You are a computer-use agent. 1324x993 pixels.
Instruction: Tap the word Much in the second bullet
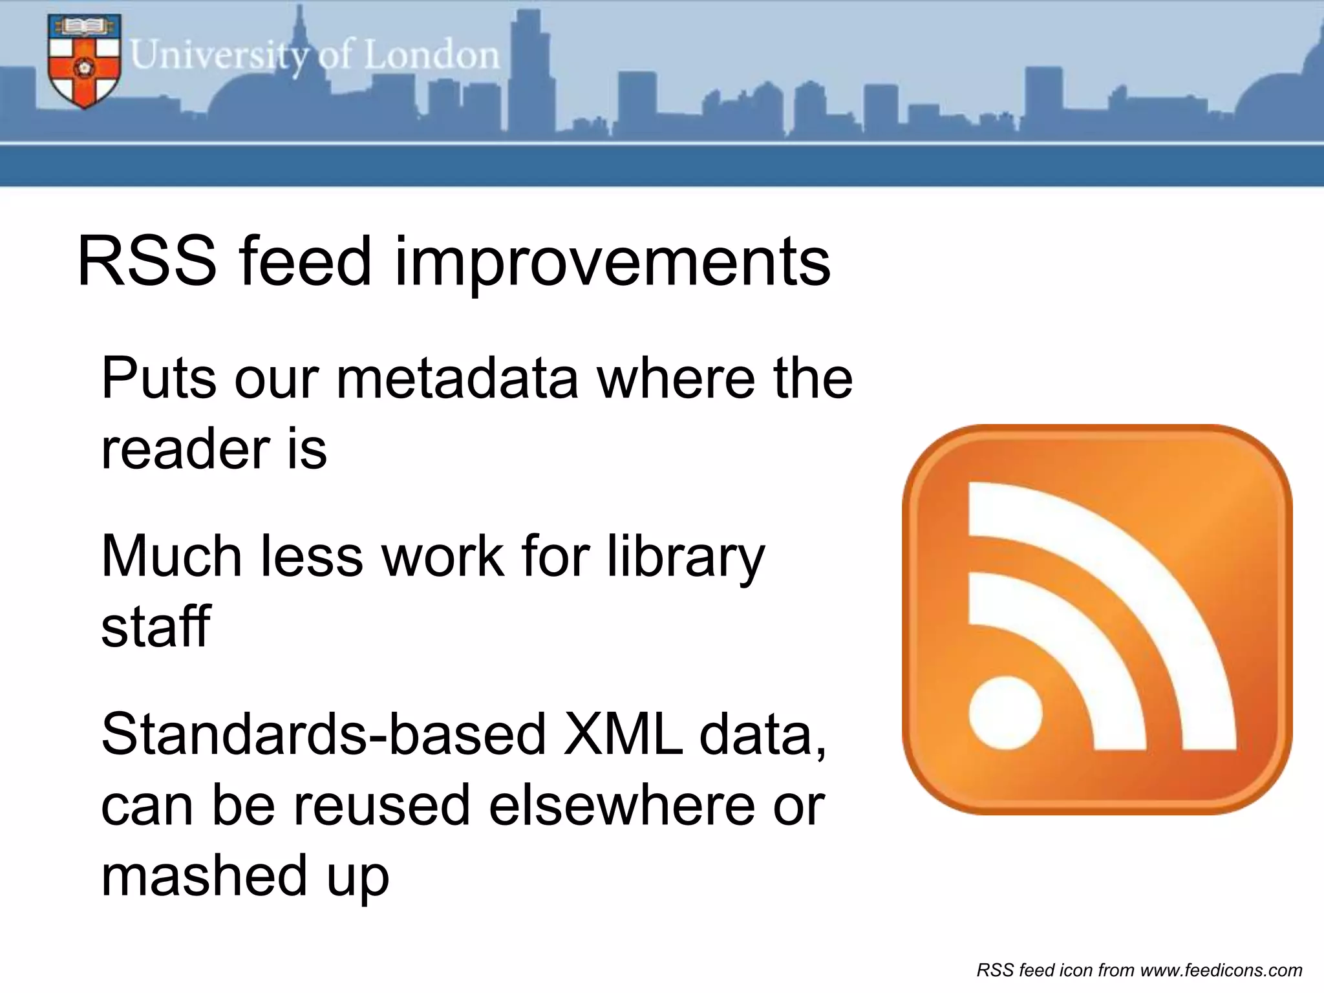171,557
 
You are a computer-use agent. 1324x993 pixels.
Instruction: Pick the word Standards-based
323,735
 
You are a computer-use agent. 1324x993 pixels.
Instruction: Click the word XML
622,735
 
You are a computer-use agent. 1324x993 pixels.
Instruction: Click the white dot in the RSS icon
1005,713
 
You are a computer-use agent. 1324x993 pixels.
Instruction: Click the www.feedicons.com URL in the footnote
1221,970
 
